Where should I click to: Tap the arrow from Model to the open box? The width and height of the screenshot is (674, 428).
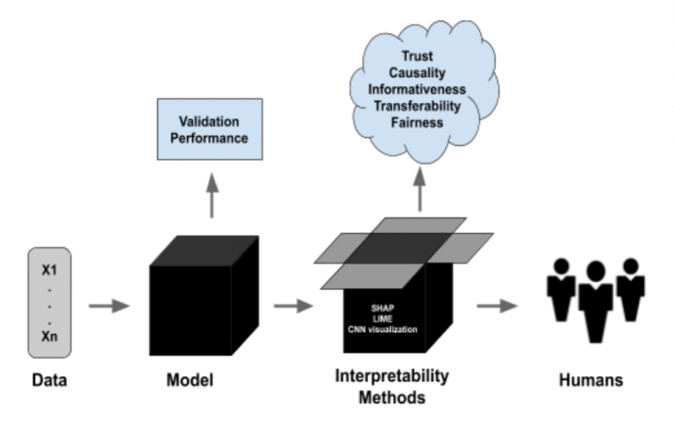tap(291, 306)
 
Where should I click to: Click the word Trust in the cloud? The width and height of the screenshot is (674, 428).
tap(419, 55)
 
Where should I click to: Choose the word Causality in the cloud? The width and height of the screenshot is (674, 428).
tap(419, 72)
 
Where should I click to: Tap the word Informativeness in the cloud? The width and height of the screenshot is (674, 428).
tap(419, 89)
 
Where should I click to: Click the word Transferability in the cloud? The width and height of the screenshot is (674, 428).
tap(419, 105)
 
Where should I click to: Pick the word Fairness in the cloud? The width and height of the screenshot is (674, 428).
tap(419, 123)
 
